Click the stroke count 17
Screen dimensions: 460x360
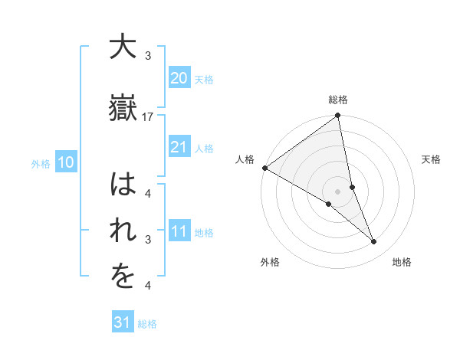[x=148, y=116]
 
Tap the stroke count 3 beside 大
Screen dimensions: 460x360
[x=148, y=56]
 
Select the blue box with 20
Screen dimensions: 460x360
[x=179, y=78]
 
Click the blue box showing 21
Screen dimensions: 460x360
[x=179, y=147]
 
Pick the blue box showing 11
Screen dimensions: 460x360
[x=179, y=231]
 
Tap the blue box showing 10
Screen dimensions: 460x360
[x=65, y=162]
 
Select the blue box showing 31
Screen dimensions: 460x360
[x=122, y=322]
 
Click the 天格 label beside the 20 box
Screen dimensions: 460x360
[x=204, y=79]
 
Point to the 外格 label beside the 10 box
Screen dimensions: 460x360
[x=41, y=163]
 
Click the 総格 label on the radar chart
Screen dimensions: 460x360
[x=338, y=100]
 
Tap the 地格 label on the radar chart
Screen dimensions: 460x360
[x=402, y=262]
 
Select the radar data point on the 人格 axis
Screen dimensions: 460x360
[x=264, y=168]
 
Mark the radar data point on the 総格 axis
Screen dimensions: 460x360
[x=338, y=116]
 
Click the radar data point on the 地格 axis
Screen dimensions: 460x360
[x=374, y=242]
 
